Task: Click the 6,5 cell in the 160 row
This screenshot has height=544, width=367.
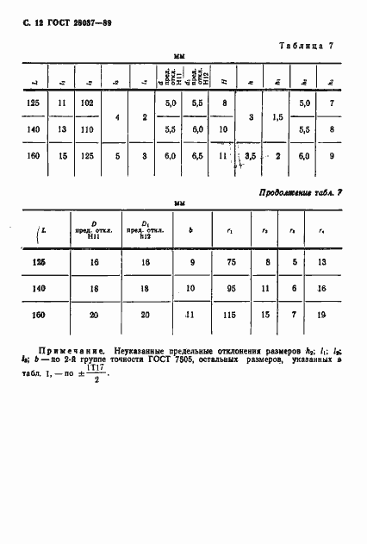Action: [x=196, y=158]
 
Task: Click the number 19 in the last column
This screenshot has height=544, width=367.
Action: [x=320, y=316]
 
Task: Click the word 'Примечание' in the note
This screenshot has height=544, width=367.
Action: [x=67, y=353]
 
